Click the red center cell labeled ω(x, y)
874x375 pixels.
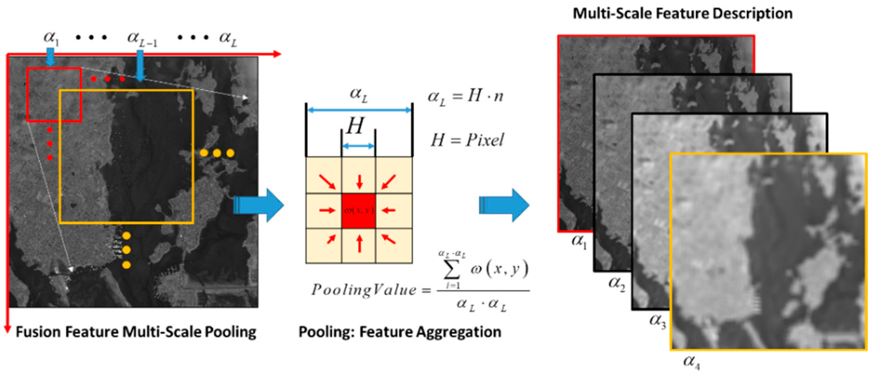[x=358, y=211]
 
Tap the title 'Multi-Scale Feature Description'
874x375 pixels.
[x=682, y=14]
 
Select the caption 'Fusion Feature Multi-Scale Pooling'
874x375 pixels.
[x=136, y=332]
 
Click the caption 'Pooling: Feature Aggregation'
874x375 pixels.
[x=400, y=332]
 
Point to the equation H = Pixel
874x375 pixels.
[x=467, y=140]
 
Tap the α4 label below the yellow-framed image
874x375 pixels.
[x=691, y=362]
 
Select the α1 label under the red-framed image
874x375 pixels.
[x=579, y=241]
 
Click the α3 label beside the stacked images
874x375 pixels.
[x=657, y=320]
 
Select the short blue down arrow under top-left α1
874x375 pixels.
[x=50, y=57]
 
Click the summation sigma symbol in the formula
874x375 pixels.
[x=452, y=270]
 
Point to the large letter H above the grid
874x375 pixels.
[x=355, y=126]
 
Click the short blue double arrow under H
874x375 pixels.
[x=358, y=146]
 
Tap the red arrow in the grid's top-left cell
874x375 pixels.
[x=327, y=182]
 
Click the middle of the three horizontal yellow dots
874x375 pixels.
[x=217, y=153]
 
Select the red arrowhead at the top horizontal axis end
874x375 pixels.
[x=277, y=54]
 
